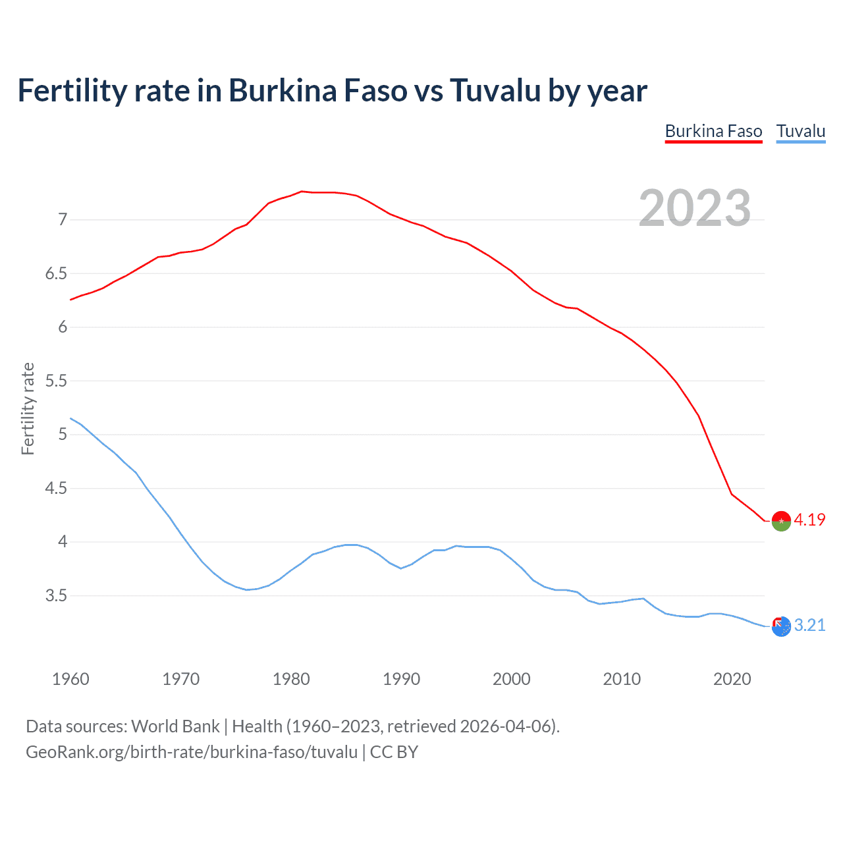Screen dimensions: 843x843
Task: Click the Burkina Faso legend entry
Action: tap(713, 131)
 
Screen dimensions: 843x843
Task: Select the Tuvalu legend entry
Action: tap(800, 131)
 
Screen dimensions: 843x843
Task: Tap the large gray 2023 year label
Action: tap(695, 208)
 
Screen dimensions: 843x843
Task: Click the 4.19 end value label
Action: tap(809, 520)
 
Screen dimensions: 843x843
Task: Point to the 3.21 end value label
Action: tap(809, 625)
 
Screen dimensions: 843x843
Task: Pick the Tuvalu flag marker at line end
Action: tap(781, 626)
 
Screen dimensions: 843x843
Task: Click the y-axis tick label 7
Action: tap(63, 219)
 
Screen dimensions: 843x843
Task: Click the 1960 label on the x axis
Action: tap(70, 679)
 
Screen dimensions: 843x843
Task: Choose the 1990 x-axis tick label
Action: tap(401, 679)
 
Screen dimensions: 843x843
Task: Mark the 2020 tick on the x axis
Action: tap(732, 679)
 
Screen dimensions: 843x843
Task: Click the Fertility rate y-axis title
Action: tap(28, 408)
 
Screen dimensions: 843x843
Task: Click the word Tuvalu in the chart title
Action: tap(495, 90)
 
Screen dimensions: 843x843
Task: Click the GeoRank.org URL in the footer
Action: tap(191, 752)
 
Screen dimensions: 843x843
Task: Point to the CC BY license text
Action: tap(394, 752)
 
